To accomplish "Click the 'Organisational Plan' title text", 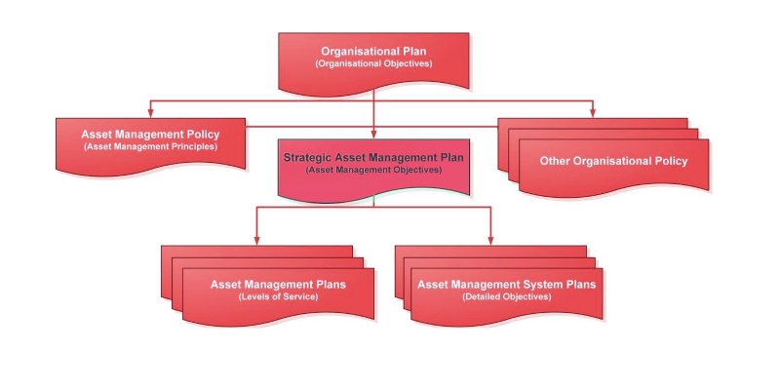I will [373, 51].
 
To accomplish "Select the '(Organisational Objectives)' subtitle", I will [373, 63].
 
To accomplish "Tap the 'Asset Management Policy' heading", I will [150, 134].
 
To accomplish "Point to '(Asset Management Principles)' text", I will [150, 146].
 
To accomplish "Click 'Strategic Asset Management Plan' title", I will [373, 156].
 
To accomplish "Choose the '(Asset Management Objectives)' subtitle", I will [373, 169].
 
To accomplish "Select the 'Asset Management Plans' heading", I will [278, 284].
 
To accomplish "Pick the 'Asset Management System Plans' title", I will [506, 284].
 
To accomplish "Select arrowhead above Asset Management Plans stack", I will [256, 239].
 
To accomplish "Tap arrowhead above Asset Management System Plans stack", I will [490, 239].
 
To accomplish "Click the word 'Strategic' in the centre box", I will [307, 156].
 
